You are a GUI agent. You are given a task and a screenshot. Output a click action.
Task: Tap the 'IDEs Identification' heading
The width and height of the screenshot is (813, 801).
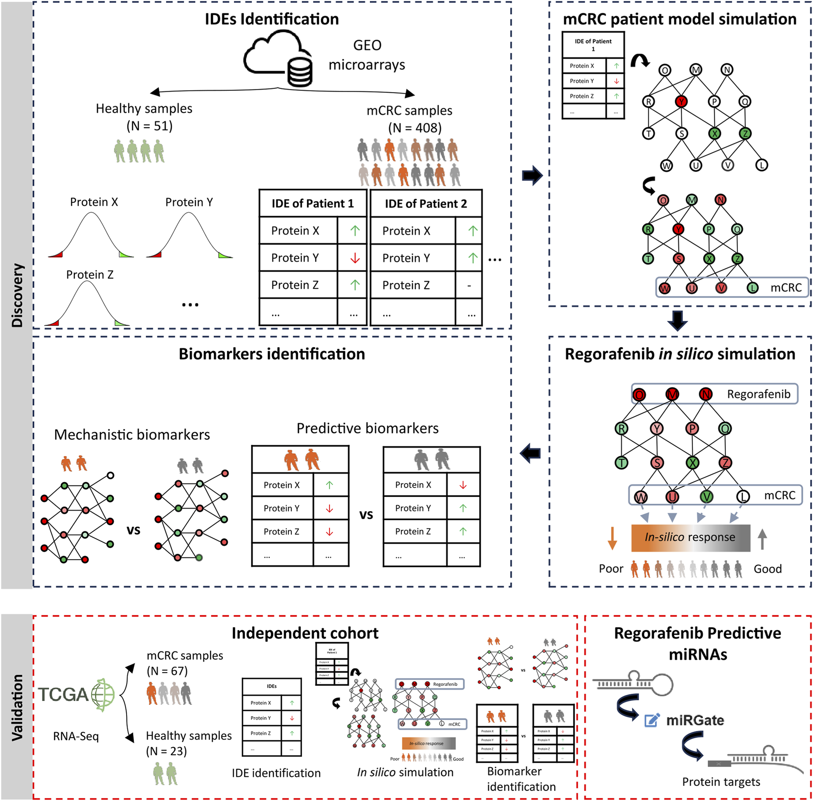pyautogui.click(x=272, y=19)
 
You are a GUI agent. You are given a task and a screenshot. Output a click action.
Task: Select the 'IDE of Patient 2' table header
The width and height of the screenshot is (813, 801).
pyautogui.click(x=426, y=204)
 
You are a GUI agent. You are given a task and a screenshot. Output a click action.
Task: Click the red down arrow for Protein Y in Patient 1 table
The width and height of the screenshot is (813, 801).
pyautogui.click(x=355, y=258)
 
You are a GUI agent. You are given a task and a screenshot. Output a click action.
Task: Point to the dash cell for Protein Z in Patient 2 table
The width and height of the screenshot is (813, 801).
pyautogui.click(x=469, y=285)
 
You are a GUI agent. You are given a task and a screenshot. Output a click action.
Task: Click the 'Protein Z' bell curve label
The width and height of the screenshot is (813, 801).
pyautogui.click(x=89, y=275)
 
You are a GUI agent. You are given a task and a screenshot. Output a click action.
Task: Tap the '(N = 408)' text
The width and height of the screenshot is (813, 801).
pyautogui.click(x=415, y=128)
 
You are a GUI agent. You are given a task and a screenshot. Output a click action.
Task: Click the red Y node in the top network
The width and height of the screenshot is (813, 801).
pyautogui.click(x=681, y=101)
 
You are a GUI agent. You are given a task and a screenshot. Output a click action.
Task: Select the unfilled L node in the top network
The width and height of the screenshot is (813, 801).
pyautogui.click(x=761, y=165)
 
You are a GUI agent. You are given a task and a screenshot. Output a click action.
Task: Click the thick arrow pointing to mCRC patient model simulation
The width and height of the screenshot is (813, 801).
pyautogui.click(x=532, y=175)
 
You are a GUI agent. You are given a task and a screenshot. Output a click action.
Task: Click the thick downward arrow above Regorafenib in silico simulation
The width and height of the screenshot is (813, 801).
pyautogui.click(x=677, y=321)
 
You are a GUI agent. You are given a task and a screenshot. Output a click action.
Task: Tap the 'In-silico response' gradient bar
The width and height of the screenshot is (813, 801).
pyautogui.click(x=690, y=537)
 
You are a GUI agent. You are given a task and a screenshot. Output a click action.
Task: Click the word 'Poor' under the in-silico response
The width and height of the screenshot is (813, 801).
pyautogui.click(x=611, y=569)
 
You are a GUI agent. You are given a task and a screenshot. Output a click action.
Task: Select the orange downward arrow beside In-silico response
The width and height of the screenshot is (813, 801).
pyautogui.click(x=612, y=538)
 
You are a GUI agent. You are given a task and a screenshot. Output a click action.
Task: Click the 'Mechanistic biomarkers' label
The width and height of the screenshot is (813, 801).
pyautogui.click(x=132, y=434)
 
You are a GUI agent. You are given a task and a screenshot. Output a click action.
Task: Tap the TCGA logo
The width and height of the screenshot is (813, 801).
pyautogui.click(x=76, y=695)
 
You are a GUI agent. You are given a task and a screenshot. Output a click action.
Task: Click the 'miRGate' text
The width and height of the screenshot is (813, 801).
pyautogui.click(x=695, y=720)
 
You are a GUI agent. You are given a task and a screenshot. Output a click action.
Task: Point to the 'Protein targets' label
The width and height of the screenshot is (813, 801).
pyautogui.click(x=721, y=782)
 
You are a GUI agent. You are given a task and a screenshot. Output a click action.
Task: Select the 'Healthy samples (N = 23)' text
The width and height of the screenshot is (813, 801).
pyautogui.click(x=188, y=743)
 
